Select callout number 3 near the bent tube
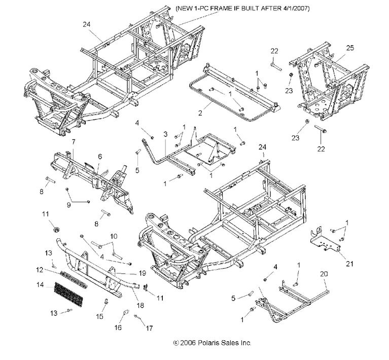pyautogui.click(x=165, y=134)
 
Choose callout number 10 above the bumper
pyautogui.click(x=113, y=236)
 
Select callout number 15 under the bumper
pyautogui.click(x=100, y=316)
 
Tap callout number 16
pyautogui.click(x=118, y=328)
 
